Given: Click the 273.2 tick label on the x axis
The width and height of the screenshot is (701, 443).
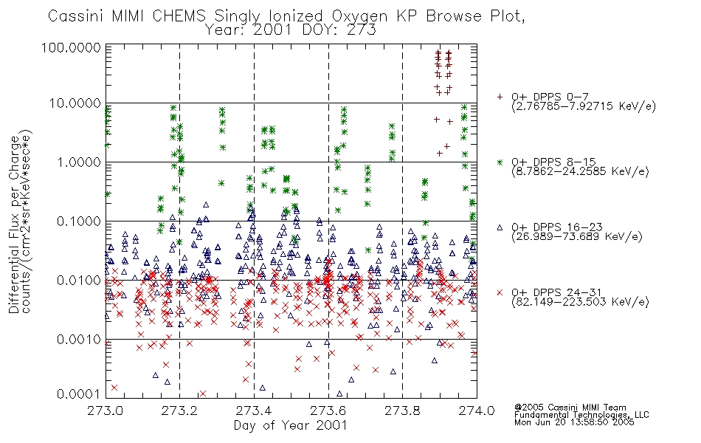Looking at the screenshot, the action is (180, 411).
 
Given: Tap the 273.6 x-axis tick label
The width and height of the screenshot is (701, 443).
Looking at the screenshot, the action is (328, 411).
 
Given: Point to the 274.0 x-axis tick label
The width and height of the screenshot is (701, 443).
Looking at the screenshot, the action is (477, 411).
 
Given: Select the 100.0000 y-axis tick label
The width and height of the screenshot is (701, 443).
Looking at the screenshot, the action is (72, 47).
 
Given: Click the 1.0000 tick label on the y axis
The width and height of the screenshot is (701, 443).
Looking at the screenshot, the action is (79, 162).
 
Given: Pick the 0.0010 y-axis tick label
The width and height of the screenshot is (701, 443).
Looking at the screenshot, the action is (79, 339).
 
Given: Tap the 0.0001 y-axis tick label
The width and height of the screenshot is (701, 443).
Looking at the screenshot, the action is (79, 394).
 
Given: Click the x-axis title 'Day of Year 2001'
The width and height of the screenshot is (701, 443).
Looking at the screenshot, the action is (291, 425).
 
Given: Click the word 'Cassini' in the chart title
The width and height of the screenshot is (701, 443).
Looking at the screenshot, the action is (75, 16).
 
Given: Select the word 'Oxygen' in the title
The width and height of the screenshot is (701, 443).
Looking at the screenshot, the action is (360, 16).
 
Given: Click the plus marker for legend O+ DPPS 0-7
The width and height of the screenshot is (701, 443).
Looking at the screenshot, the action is (500, 97).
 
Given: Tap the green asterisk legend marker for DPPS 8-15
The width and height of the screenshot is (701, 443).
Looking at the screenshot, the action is (500, 162).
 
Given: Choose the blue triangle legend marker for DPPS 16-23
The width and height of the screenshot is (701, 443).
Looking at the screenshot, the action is (500, 227).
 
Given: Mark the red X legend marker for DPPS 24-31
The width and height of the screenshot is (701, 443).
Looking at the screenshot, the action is (500, 292).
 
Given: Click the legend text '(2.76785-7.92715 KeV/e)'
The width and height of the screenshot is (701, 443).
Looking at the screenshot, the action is (584, 106).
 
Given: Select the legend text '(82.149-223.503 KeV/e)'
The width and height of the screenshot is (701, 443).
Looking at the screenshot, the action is (580, 302).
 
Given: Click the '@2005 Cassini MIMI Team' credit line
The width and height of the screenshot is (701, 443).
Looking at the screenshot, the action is (570, 408).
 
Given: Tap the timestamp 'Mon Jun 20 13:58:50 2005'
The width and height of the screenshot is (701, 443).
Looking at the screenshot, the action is (574, 422).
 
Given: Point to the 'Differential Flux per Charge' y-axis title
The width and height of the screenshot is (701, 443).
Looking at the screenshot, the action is (14, 224).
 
